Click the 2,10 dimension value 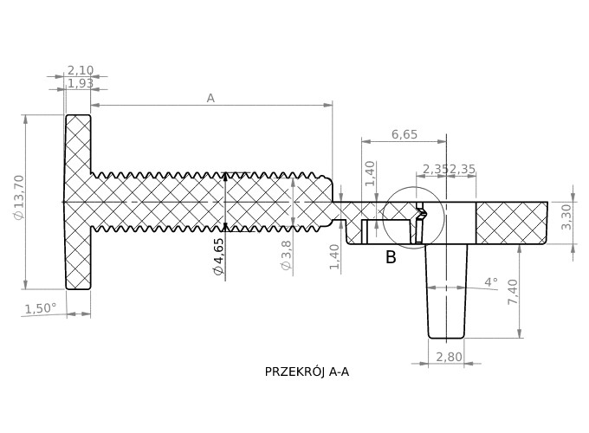point(81,70)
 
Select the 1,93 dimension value point(81,83)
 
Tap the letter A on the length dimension point(210,98)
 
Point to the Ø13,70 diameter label point(19,197)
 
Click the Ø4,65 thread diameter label point(218,257)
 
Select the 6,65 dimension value point(405,134)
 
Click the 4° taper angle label point(491,282)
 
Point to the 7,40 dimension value point(513,291)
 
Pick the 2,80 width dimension point(448,357)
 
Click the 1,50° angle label point(40,308)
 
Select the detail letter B point(391,257)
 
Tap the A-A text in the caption point(339,372)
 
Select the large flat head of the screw point(78,202)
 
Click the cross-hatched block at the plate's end point(511,222)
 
